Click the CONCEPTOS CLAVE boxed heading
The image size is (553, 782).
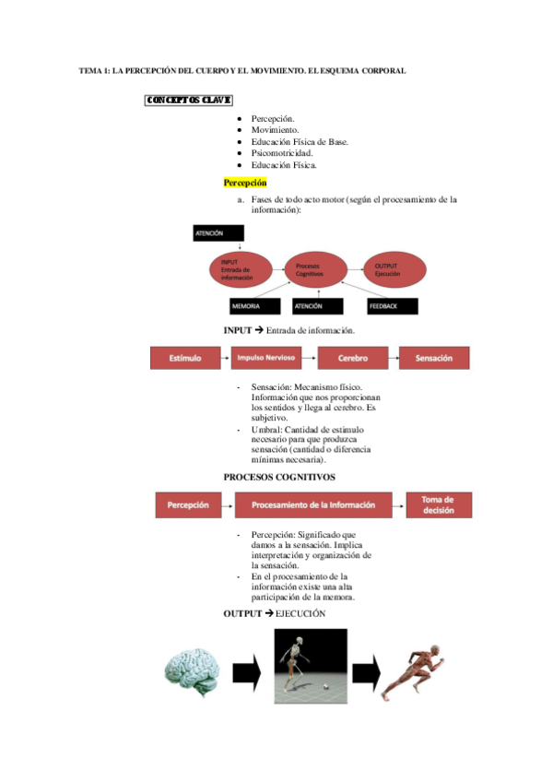coord(188,100)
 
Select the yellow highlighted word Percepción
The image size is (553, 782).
coord(244,183)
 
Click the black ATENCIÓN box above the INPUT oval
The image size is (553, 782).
coord(218,233)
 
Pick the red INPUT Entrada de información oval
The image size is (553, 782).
coord(240,267)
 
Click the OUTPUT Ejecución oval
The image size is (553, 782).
coord(394,267)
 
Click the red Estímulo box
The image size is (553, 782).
coord(189,358)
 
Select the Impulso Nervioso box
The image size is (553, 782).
coord(269,358)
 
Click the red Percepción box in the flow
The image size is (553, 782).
coord(188,504)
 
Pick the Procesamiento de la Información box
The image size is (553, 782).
coord(313,504)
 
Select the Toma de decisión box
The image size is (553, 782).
coord(438,504)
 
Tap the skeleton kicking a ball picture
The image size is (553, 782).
coord(311,666)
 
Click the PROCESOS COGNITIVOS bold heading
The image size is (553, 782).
coord(279,477)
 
